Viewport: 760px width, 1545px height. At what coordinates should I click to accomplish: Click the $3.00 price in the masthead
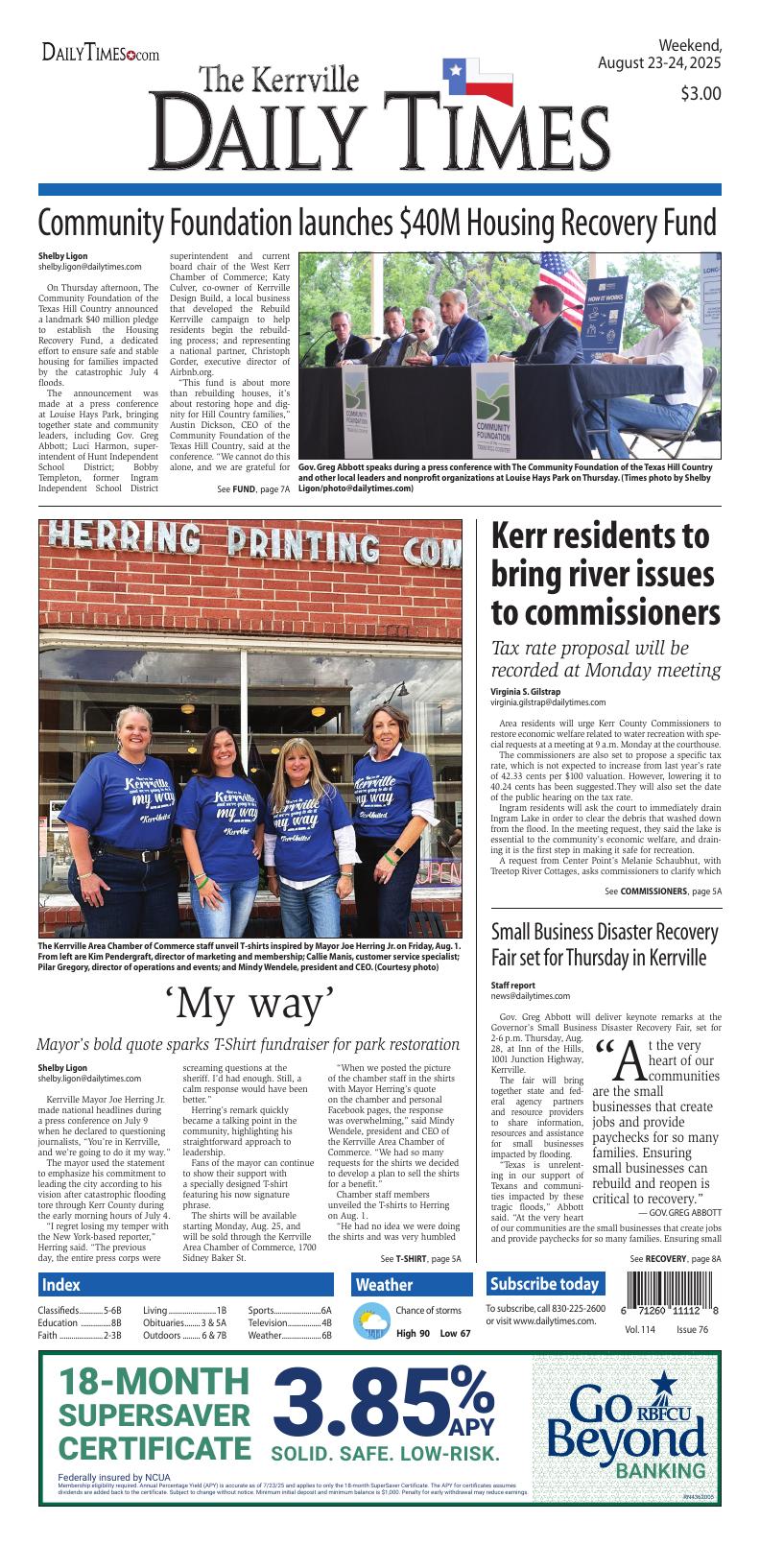tap(701, 94)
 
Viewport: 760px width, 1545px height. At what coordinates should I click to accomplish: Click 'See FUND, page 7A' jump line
tap(253, 489)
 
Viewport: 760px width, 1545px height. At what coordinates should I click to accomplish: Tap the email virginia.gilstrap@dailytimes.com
tap(548, 702)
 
